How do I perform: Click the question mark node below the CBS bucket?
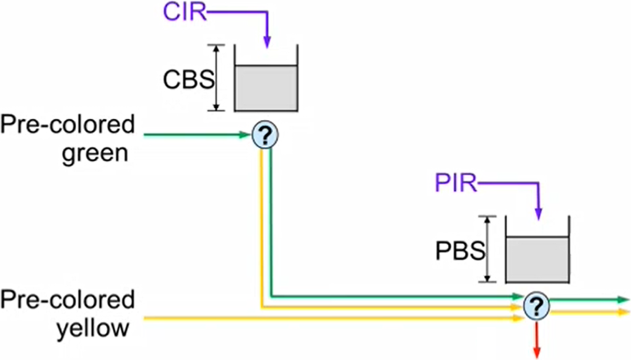coord(265,134)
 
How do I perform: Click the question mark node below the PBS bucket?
coord(536,305)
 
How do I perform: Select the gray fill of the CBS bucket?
coord(266,87)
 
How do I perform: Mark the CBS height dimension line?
coord(216,78)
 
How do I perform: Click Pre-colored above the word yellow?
coord(68,301)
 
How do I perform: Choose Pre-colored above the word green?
coord(68,126)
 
